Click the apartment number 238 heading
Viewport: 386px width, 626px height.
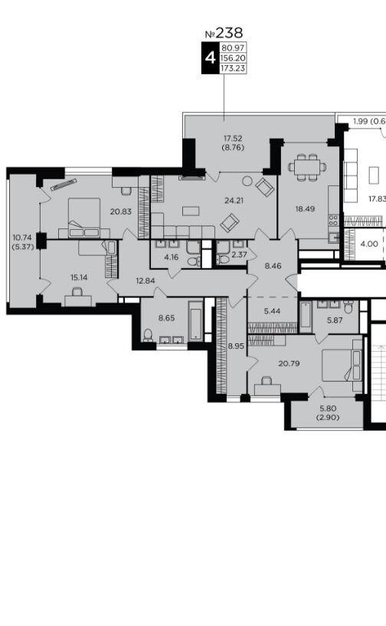[x=224, y=33]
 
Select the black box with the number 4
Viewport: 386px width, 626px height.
[x=210, y=58]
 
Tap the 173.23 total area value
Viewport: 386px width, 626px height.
[x=232, y=69]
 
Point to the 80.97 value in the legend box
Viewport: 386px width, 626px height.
[x=233, y=48]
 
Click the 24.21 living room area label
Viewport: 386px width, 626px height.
[x=234, y=201]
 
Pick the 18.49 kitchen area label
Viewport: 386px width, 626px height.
[x=305, y=209]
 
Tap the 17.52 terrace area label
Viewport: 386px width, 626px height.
[x=233, y=139]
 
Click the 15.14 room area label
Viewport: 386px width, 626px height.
[x=79, y=277]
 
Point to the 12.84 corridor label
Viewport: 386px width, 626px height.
[x=146, y=280]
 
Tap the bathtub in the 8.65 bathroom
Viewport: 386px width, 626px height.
[x=195, y=320]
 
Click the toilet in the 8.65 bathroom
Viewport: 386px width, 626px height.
[x=148, y=336]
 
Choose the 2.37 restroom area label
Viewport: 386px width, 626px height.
[x=239, y=254]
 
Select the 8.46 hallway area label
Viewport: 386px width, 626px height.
[x=273, y=265]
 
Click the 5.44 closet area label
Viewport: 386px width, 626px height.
[x=273, y=310]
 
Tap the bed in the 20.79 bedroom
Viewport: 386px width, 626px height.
[x=342, y=365]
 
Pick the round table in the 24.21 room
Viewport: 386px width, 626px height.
[x=247, y=181]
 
